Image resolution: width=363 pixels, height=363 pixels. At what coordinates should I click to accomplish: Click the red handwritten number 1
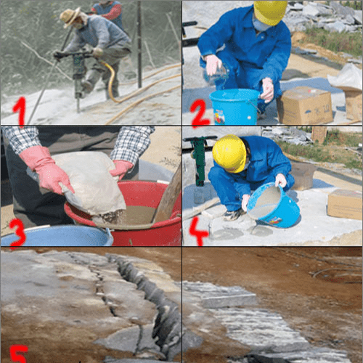[x=20, y=111]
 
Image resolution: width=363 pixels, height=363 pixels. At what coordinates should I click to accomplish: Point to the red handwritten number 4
[x=198, y=231]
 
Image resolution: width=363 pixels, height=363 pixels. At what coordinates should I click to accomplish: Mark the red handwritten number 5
[x=18, y=354]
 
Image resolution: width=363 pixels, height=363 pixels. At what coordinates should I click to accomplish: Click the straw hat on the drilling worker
[x=70, y=17]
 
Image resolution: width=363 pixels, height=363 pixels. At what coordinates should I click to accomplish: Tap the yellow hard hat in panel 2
[x=270, y=12]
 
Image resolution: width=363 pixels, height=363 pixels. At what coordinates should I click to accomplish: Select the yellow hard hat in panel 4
[x=229, y=153]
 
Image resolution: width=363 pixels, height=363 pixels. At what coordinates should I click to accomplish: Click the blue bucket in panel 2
[x=234, y=107]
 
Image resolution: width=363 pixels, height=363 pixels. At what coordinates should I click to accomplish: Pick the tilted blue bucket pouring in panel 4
[x=274, y=205]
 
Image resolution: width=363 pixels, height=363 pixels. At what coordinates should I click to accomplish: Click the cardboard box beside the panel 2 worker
[x=306, y=105]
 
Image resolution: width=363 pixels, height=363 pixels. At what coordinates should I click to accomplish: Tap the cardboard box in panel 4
[x=345, y=204]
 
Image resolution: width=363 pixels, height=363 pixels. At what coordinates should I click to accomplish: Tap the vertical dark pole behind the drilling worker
[x=139, y=44]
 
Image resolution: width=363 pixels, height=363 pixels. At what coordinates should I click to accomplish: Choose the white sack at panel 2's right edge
[x=347, y=77]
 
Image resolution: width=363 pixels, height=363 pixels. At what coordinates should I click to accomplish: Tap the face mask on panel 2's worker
[x=261, y=24]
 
